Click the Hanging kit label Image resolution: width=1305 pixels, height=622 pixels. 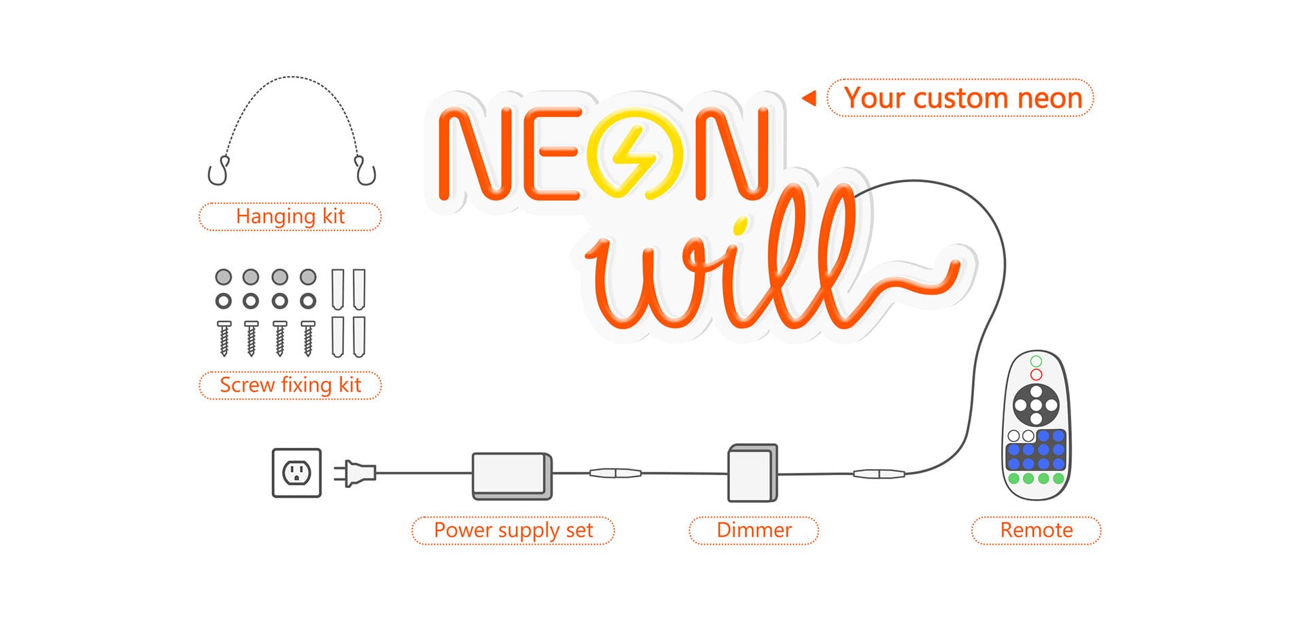point(290,217)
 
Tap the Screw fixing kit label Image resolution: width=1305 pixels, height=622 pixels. point(290,385)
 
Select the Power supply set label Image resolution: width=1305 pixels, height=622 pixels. point(513,530)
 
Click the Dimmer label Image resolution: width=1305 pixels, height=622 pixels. point(754,530)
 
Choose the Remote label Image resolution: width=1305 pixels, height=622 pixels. point(1036,530)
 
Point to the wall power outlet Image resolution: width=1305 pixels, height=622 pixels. point(296,472)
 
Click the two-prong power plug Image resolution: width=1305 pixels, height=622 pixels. point(355,472)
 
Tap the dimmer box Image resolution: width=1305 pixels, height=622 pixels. point(752,474)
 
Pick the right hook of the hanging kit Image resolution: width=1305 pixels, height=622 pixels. point(365,172)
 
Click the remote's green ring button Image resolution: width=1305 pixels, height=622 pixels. point(1036,362)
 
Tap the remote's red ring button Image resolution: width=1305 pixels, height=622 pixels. point(1036,375)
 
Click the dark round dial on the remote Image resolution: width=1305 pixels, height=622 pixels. point(1036,405)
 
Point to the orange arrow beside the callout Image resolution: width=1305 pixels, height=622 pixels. point(809,99)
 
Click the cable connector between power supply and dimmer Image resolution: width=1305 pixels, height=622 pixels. point(615,472)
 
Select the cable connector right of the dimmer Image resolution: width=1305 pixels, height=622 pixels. point(879,474)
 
